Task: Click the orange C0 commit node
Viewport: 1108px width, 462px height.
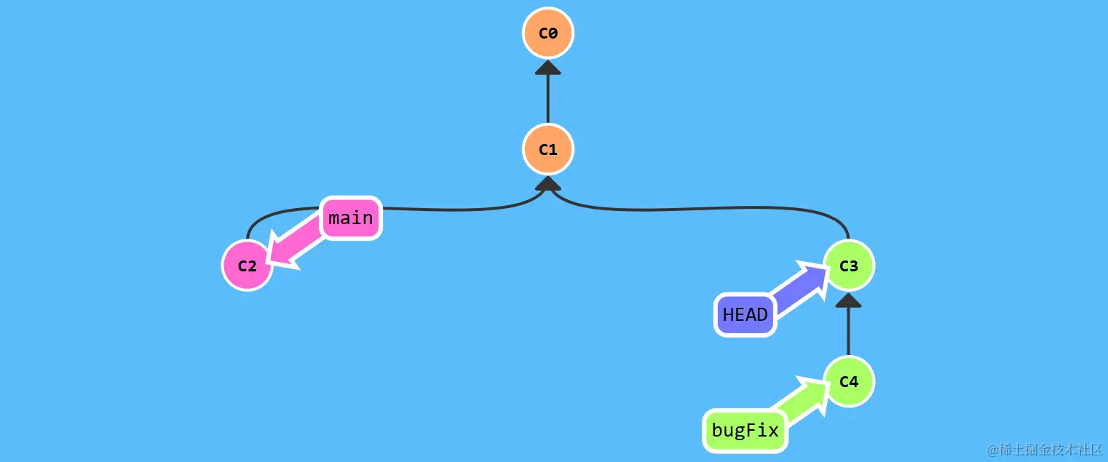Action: pyautogui.click(x=547, y=33)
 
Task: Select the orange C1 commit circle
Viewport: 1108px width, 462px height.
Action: pyautogui.click(x=547, y=150)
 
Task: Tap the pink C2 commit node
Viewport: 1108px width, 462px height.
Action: pyautogui.click(x=248, y=266)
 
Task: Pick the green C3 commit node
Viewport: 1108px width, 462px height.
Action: pyautogui.click(x=848, y=266)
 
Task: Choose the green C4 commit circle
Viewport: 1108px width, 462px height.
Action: pyautogui.click(x=848, y=382)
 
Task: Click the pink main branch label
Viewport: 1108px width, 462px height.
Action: pyautogui.click(x=351, y=218)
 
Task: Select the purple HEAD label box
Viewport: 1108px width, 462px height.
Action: pyautogui.click(x=745, y=315)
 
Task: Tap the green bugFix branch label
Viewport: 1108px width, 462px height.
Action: pyautogui.click(x=745, y=430)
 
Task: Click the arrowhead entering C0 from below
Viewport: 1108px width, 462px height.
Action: pyautogui.click(x=547, y=68)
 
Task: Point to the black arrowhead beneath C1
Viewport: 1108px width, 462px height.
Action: pyautogui.click(x=547, y=183)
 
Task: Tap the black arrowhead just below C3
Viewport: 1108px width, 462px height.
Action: pyautogui.click(x=848, y=300)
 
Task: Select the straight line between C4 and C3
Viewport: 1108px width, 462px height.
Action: pyautogui.click(x=848, y=331)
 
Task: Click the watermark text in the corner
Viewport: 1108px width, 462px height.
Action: pyautogui.click(x=1044, y=449)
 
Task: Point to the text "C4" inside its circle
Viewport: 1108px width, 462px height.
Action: pyautogui.click(x=848, y=382)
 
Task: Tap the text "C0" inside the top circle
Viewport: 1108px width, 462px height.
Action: pyautogui.click(x=547, y=33)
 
